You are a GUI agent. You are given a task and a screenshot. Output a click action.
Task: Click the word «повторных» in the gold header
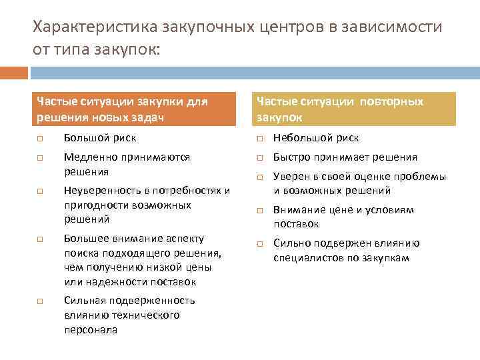[x=391, y=102]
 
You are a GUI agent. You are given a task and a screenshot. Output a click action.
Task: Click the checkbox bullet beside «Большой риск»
[x=40, y=139]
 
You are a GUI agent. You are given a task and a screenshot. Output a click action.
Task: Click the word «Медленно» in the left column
[x=89, y=157]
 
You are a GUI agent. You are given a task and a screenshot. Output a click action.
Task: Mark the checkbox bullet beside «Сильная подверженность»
[x=40, y=301]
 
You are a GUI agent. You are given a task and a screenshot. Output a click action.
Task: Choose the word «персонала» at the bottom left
[x=91, y=329]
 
